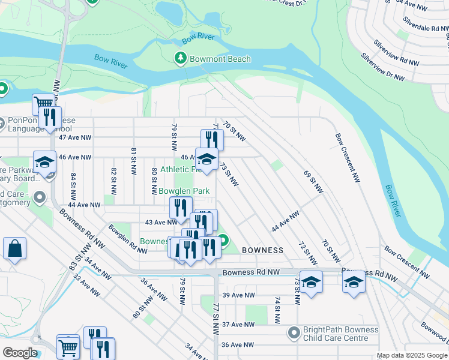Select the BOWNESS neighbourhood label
tap(262, 250)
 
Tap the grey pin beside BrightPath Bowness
tap(294, 332)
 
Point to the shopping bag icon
tap(14, 248)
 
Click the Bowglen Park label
tap(184, 191)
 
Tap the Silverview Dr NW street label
tap(382, 65)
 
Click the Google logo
tap(20, 353)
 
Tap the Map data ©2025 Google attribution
tap(412, 355)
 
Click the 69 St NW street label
tap(314, 182)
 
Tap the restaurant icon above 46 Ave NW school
tap(212, 139)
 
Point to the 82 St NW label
tap(113, 179)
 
